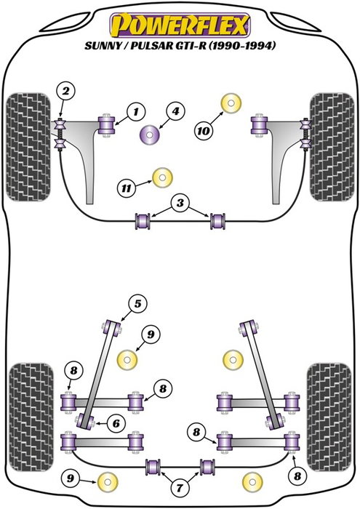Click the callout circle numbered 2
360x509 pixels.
(x=66, y=92)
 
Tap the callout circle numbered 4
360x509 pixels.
(x=175, y=112)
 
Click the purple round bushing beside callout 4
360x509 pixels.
(x=151, y=135)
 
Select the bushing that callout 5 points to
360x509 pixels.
(x=113, y=325)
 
